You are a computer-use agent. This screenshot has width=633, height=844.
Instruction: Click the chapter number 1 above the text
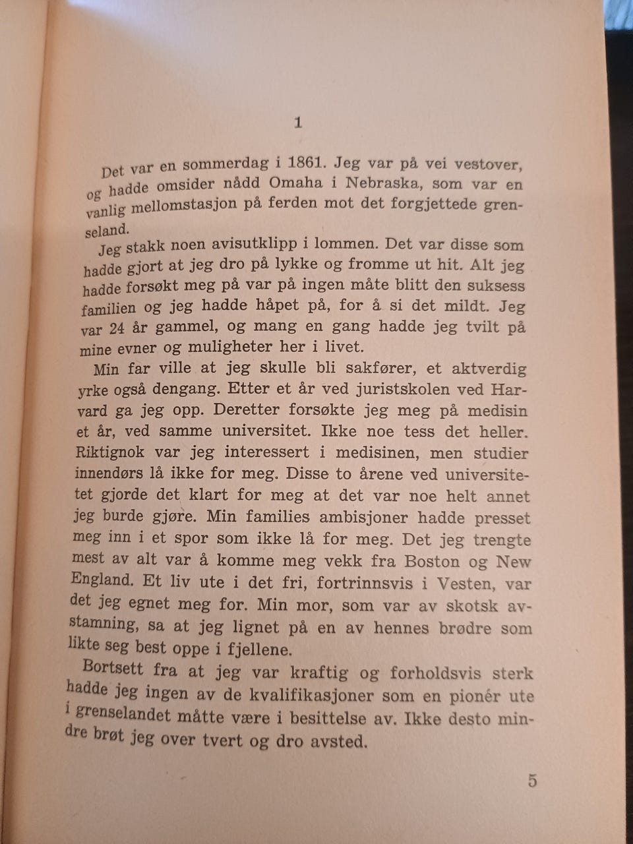(x=298, y=123)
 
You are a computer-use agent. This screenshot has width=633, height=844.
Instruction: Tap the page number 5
(x=532, y=781)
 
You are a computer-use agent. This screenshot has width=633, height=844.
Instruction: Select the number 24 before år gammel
(x=117, y=328)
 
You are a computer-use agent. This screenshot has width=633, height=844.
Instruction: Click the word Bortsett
(x=113, y=668)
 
